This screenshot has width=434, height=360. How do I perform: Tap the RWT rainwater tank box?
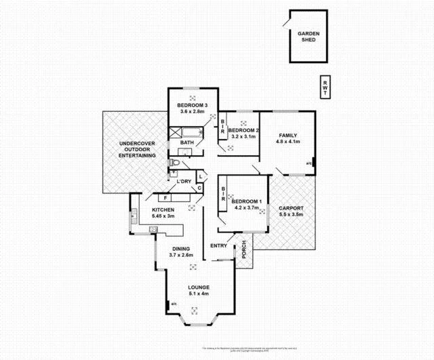pos(325,87)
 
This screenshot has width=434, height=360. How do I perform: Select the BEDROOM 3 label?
pos(192,105)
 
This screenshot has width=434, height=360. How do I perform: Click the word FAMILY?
pos(288,136)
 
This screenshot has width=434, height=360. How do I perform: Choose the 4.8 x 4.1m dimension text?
pos(288,142)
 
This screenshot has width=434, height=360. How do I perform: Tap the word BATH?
pos(188,142)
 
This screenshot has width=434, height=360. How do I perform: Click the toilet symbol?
pos(174,163)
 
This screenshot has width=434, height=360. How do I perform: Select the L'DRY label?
pos(183,182)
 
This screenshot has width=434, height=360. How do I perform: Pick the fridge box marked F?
pos(165,197)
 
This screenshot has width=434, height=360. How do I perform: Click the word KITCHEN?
pos(163,210)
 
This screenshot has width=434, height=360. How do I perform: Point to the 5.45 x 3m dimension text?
pos(163,217)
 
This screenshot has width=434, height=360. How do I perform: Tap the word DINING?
pos(181,248)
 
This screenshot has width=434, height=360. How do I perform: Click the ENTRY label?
pos(218,245)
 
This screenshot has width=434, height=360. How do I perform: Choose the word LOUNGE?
pos(199,287)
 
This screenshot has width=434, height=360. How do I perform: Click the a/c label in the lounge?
pos(174,303)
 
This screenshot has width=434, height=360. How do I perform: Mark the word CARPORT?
pos(291,207)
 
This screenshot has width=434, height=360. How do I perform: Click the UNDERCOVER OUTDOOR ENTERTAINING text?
pos(138,150)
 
